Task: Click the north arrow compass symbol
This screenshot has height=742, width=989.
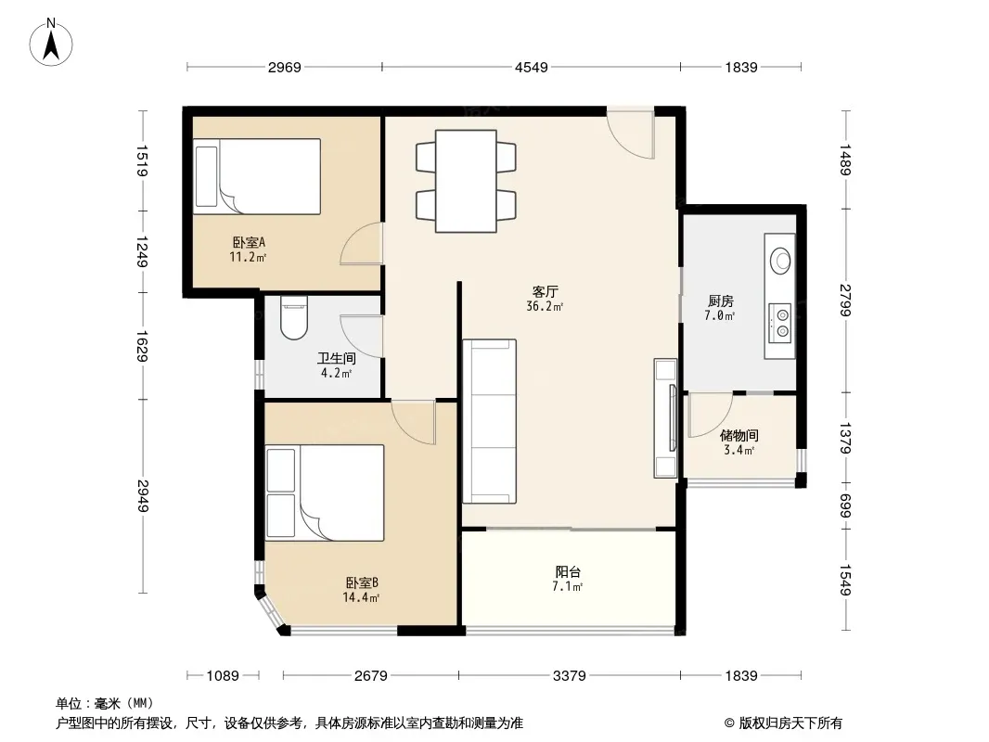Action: point(51,43)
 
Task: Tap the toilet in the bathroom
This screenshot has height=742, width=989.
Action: point(294,318)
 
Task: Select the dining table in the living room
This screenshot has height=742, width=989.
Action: point(466,181)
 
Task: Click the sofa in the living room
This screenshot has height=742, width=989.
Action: point(490,421)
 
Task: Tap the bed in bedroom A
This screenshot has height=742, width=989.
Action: point(257,176)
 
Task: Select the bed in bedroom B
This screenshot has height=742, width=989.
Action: point(325,493)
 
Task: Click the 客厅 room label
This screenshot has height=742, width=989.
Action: point(545,292)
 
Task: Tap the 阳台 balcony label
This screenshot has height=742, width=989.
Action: point(568,571)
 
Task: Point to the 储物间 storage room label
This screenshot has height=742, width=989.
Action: point(739,436)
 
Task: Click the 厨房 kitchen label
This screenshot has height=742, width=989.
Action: point(720,301)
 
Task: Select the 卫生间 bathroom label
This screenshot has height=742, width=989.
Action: point(336,359)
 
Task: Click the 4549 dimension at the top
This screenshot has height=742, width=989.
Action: point(531,67)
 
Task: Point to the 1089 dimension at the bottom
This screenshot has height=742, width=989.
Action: point(223,676)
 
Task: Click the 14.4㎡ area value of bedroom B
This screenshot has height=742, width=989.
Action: point(361,597)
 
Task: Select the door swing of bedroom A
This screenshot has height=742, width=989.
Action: point(361,245)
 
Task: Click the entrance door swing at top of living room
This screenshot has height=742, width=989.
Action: point(631,134)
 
